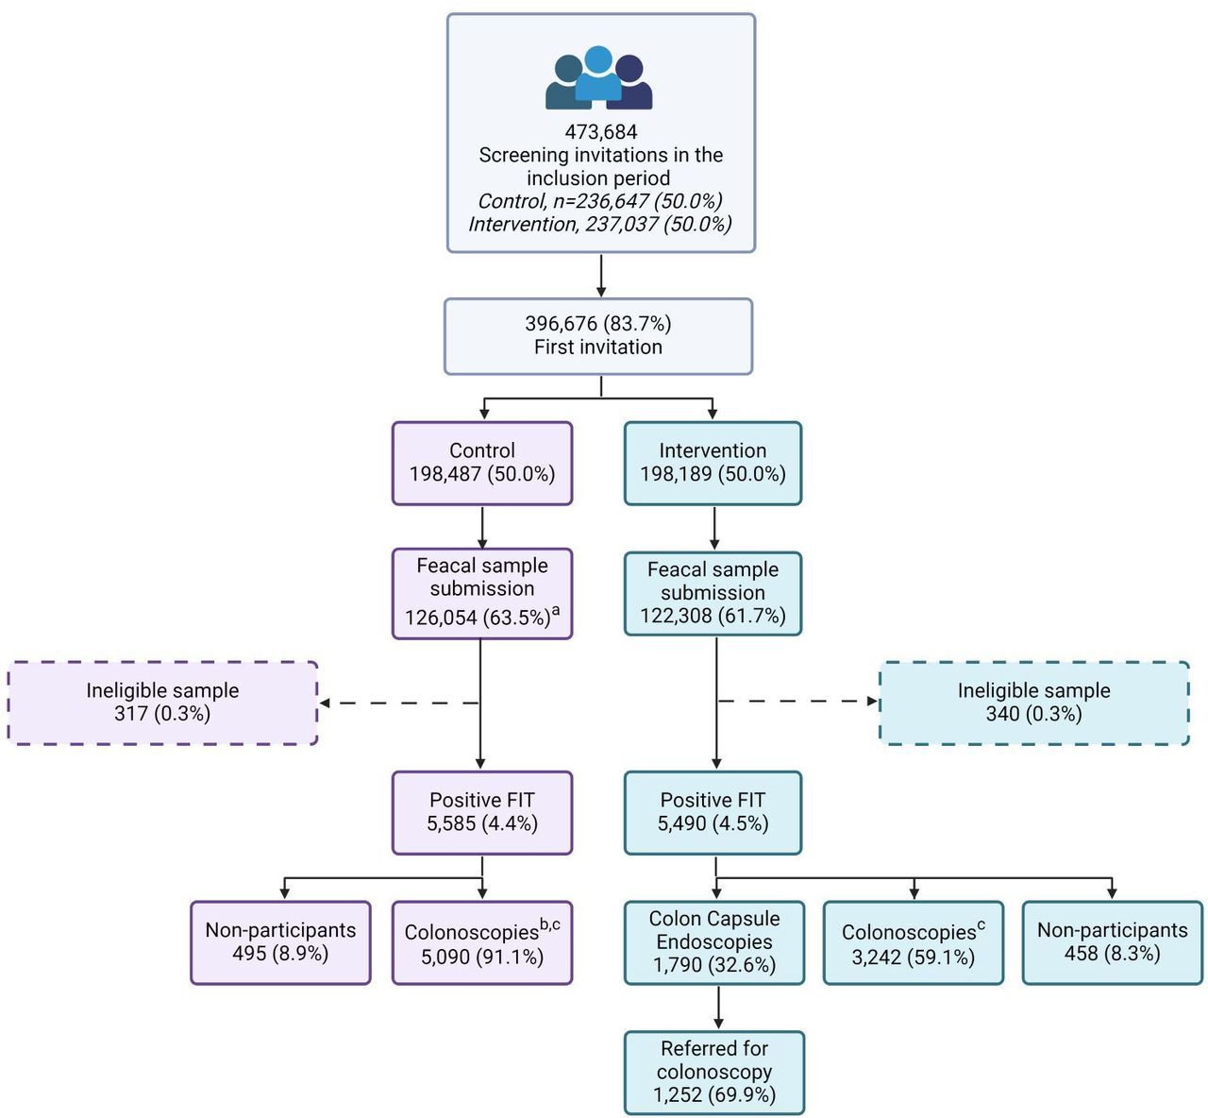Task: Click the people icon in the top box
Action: click(x=598, y=77)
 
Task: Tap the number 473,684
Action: click(x=601, y=132)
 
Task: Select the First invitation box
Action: click(x=598, y=336)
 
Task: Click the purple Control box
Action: click(x=482, y=463)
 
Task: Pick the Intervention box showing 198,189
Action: click(x=713, y=463)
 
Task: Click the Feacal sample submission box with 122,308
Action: click(x=713, y=593)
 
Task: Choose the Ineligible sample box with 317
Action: click(x=162, y=703)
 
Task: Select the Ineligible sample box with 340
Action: click(x=1034, y=703)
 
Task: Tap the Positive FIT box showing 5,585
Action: click(x=482, y=812)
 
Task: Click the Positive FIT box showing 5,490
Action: click(x=713, y=812)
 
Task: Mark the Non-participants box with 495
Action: click(x=280, y=942)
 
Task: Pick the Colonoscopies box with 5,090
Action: click(x=482, y=942)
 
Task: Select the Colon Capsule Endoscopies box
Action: click(x=714, y=942)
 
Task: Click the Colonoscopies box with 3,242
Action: click(x=913, y=942)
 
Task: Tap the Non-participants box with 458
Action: click(x=1113, y=942)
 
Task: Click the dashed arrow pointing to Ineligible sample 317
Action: click(x=399, y=703)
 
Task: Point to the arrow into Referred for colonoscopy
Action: click(x=718, y=1008)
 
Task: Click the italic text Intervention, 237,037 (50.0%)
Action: click(x=599, y=224)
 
